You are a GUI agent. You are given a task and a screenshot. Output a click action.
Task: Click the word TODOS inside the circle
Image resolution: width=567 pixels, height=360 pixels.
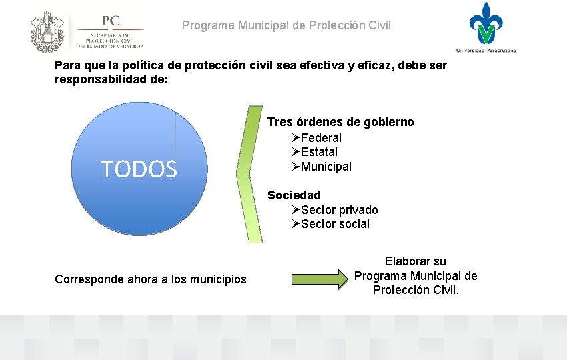[139, 170]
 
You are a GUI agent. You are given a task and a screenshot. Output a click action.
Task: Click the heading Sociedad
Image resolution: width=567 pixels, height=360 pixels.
[294, 195]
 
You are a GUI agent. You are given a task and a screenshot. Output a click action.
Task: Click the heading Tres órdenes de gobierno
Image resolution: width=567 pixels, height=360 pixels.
[340, 122]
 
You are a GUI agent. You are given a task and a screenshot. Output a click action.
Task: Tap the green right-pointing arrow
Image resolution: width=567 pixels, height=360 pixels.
[320, 278]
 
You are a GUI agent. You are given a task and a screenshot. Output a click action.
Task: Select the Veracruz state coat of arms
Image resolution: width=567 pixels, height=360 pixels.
[47, 31]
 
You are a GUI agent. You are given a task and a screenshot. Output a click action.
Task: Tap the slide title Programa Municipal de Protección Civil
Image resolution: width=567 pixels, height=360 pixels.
[287, 26]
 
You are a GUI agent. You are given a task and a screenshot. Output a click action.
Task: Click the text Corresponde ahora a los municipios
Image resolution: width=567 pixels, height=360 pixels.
[151, 279]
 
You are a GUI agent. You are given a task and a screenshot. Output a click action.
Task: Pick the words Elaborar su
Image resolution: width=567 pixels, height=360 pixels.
[415, 261]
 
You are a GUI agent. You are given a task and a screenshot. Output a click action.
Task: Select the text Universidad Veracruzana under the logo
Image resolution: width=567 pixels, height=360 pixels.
[486, 50]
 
